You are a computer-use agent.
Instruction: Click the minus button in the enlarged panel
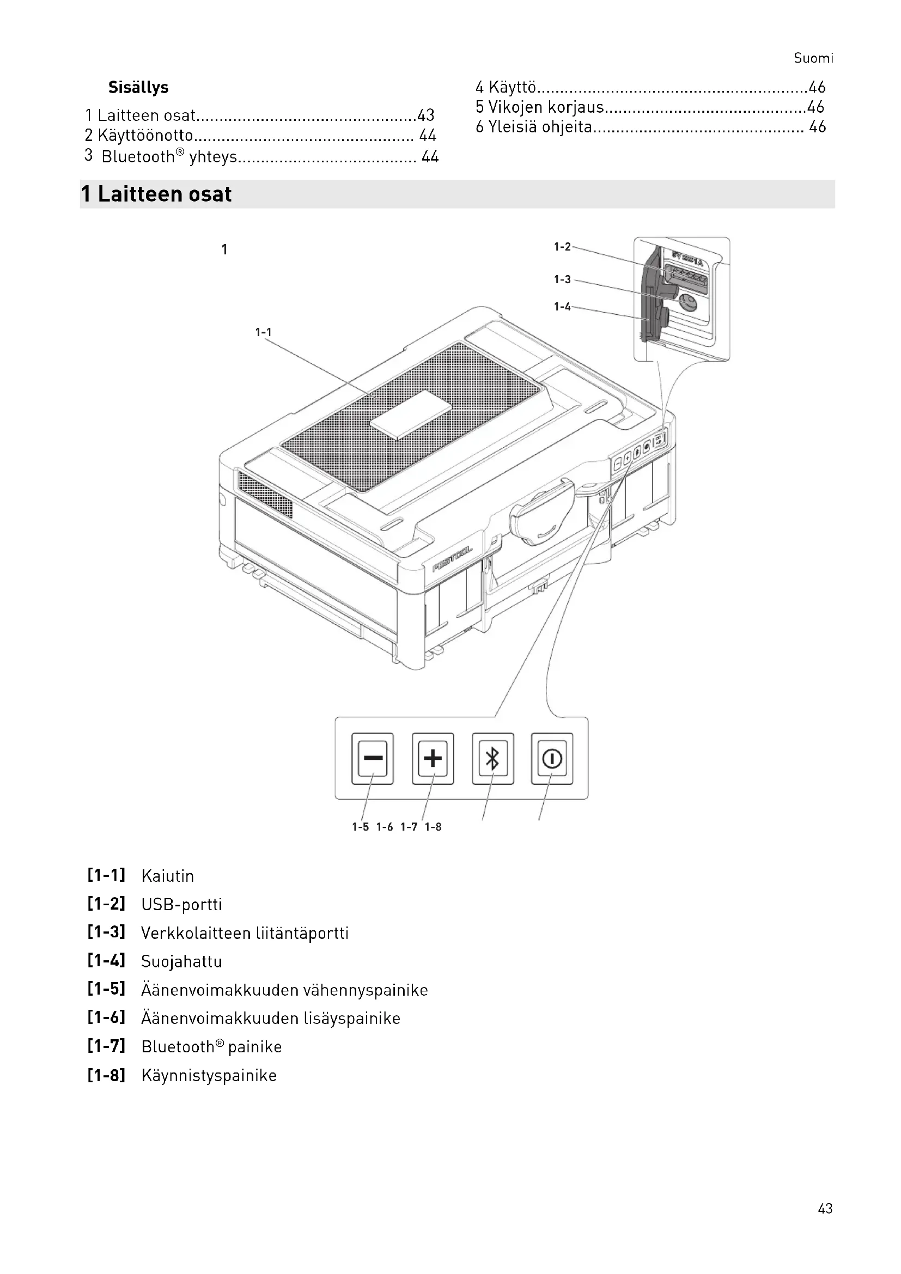coord(372,758)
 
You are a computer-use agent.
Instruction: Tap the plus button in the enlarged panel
coord(433,758)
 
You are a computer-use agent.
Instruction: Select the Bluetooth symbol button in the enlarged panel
coord(492,759)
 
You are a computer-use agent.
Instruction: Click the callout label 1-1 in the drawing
coord(263,332)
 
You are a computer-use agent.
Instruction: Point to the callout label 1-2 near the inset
coord(562,247)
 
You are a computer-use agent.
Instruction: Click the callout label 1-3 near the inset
coord(562,279)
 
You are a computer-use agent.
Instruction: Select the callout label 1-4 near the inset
coord(562,307)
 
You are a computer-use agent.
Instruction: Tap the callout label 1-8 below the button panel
coord(433,827)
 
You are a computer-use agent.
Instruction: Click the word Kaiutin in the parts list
coord(168,876)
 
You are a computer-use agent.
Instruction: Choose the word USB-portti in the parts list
coord(181,905)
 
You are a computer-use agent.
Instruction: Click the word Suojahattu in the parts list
coord(181,961)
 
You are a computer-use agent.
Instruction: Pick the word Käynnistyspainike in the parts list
coord(209,1075)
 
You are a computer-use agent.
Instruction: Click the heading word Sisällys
coord(138,88)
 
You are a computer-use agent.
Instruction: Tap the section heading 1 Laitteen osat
coord(156,194)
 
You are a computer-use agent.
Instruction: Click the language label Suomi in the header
coord(813,58)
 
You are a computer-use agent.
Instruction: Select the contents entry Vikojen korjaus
coord(545,107)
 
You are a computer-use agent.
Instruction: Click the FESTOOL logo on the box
coord(452,558)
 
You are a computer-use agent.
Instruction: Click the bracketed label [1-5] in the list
coord(107,989)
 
